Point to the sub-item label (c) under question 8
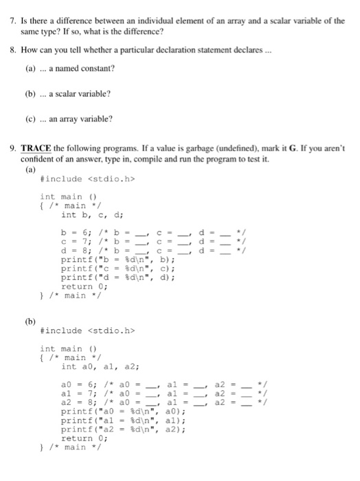(31, 119)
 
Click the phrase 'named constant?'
(84, 68)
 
